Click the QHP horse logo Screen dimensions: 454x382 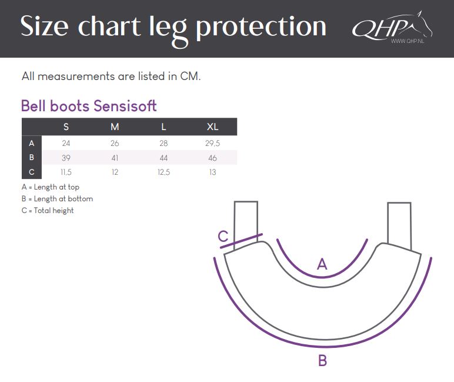[392, 28]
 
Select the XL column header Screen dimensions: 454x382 [212, 127]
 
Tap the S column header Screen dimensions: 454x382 [66, 127]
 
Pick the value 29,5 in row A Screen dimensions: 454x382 [212, 143]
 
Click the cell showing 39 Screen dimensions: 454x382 [66, 158]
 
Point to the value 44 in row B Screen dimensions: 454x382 [163, 158]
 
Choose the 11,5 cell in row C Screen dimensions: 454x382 [66, 172]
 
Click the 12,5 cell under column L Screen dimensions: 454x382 [163, 172]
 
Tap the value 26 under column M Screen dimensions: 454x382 [115, 143]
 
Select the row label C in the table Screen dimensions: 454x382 [32, 172]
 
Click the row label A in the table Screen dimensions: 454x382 [32, 143]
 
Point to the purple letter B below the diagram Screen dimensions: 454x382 [322, 361]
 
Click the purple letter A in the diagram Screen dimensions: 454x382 [322, 264]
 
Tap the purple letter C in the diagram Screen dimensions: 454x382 [223, 236]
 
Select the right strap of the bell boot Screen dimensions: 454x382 [399, 225]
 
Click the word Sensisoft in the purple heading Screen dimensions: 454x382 [125, 106]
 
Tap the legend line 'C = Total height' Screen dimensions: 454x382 [48, 211]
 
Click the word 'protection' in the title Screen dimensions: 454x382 [261, 28]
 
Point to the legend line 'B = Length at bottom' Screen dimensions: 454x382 [57, 199]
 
